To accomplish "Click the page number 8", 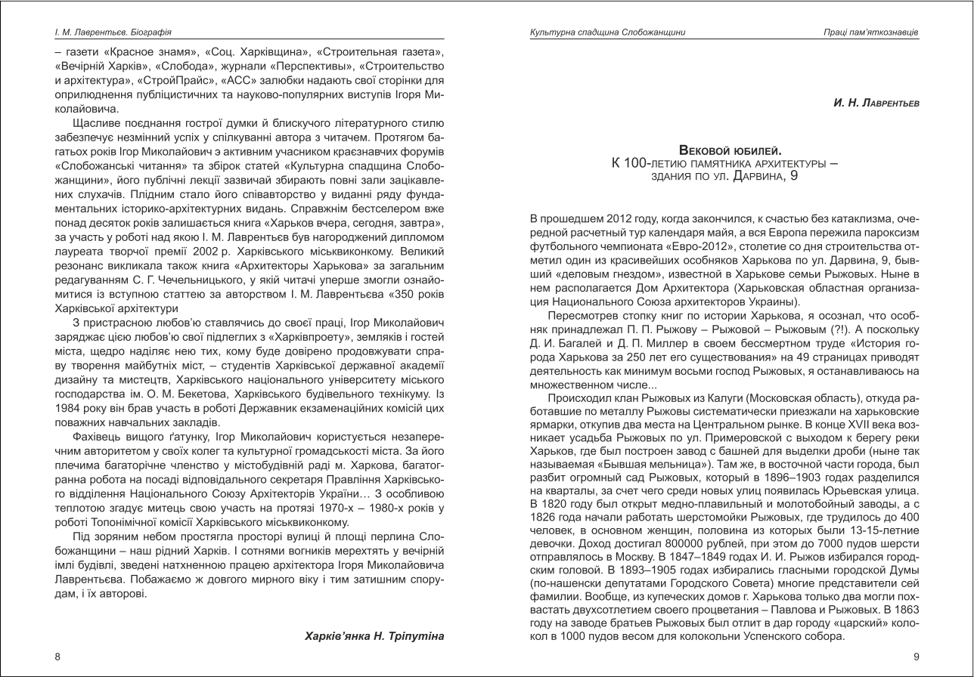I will [57, 657].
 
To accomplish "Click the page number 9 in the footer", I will [917, 657].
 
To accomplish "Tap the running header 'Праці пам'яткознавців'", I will [871, 32].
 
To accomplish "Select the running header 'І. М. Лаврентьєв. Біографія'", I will [113, 32].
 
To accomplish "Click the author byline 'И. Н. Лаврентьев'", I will [876, 102].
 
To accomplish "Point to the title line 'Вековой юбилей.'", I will [730, 150].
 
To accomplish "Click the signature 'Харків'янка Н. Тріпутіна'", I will [374, 635].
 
